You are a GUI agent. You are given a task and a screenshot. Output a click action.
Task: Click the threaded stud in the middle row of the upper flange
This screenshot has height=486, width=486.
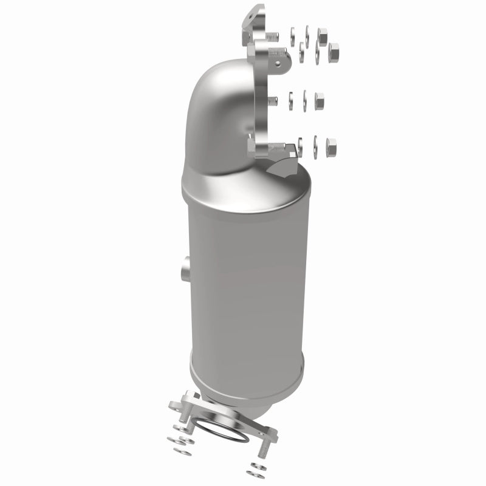273,101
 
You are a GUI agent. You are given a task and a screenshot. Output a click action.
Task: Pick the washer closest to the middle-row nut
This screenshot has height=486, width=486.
305,100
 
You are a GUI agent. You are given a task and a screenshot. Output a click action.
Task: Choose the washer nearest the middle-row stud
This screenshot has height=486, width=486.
291,100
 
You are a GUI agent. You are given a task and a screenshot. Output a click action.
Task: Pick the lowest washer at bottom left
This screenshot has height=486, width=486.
180,452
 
